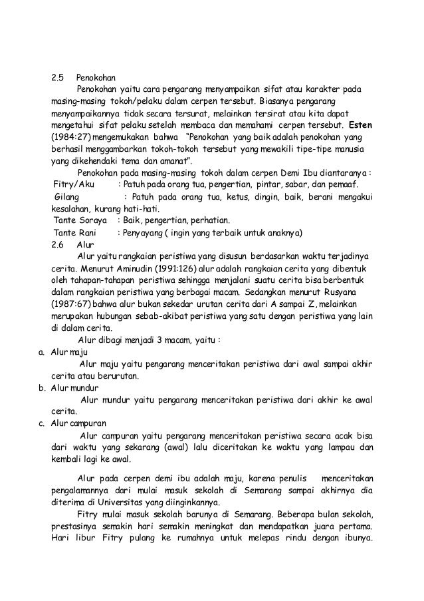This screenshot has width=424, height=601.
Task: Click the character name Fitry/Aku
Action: tap(74, 184)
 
